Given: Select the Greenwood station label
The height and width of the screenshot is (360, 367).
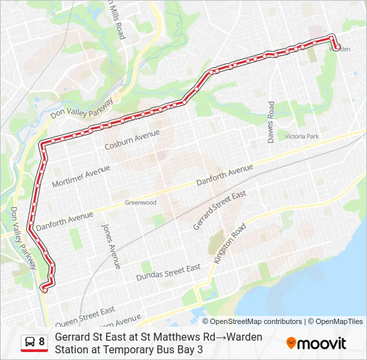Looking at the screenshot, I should [141, 203].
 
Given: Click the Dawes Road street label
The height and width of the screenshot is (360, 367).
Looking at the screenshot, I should [271, 122].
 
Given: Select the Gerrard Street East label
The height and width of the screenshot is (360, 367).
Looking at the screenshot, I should [220, 210].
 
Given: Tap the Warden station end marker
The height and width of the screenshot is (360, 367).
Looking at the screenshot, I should [337, 47].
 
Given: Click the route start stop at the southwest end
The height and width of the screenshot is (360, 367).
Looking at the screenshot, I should [45, 289].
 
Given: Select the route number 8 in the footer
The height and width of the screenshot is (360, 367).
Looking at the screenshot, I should [42, 342].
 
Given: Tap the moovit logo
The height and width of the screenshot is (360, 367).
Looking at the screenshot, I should [316, 343].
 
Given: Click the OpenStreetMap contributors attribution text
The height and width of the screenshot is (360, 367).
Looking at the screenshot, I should [252, 321].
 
